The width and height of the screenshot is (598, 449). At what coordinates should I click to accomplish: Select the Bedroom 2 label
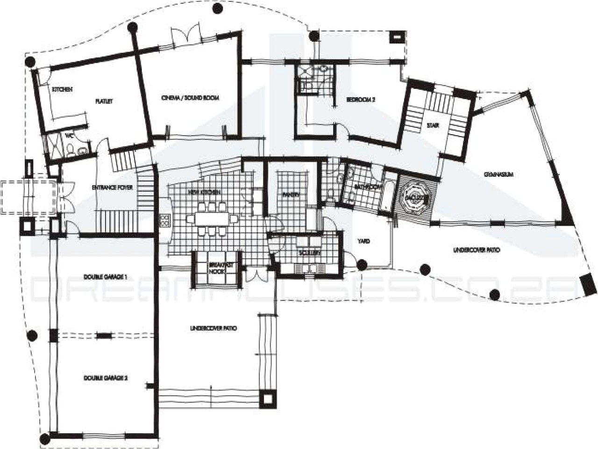[361, 100]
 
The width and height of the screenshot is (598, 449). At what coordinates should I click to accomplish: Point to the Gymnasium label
[498, 174]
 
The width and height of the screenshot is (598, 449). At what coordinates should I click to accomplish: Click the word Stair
[433, 125]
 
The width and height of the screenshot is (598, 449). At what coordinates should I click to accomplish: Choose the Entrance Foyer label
[112, 188]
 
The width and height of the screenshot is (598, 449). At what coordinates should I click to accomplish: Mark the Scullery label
[309, 253]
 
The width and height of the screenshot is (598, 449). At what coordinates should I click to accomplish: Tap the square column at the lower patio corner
[268, 398]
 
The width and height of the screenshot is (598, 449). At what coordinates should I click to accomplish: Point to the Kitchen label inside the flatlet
[62, 89]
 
